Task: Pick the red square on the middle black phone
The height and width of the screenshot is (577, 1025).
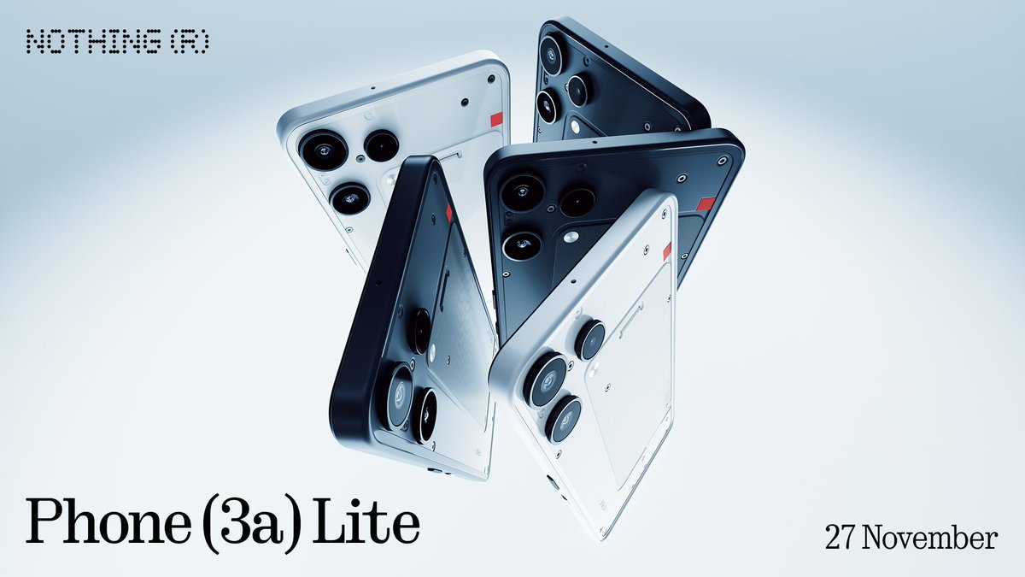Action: pos(706,203)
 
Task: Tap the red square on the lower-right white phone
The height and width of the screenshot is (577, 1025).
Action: pos(667,250)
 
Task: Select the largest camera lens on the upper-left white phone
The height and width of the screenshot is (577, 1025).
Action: pos(324,151)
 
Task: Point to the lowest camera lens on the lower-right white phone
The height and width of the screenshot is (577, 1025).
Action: pos(564,420)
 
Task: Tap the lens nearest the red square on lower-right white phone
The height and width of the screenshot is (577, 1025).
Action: pos(589,339)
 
